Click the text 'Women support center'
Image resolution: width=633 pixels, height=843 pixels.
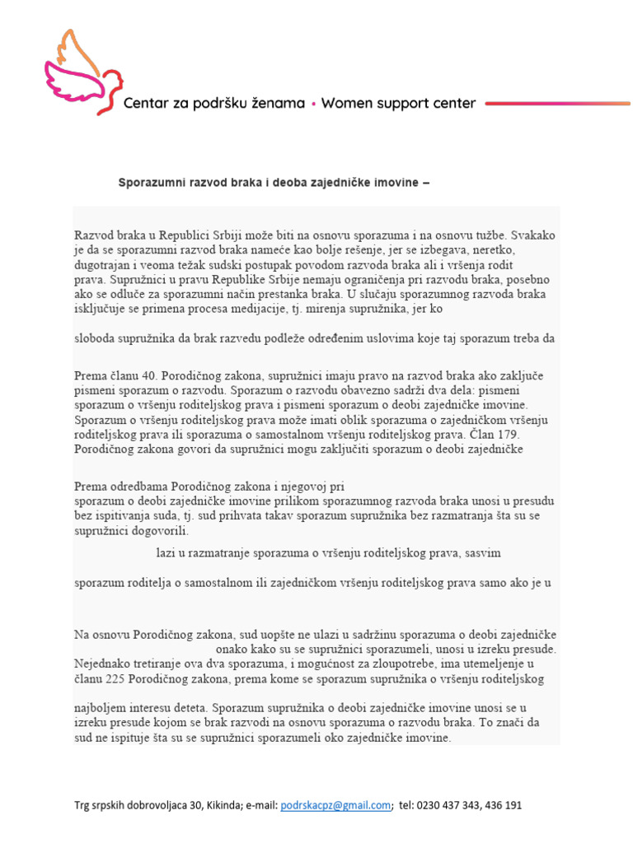[398, 104]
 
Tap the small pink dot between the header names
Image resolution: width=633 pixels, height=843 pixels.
[313, 105]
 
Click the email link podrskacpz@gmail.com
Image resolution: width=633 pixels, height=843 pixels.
[335, 806]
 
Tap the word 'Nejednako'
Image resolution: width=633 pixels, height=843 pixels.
[102, 664]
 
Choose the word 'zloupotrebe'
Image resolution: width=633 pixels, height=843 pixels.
[424, 664]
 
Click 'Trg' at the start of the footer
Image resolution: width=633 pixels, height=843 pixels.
[83, 806]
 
